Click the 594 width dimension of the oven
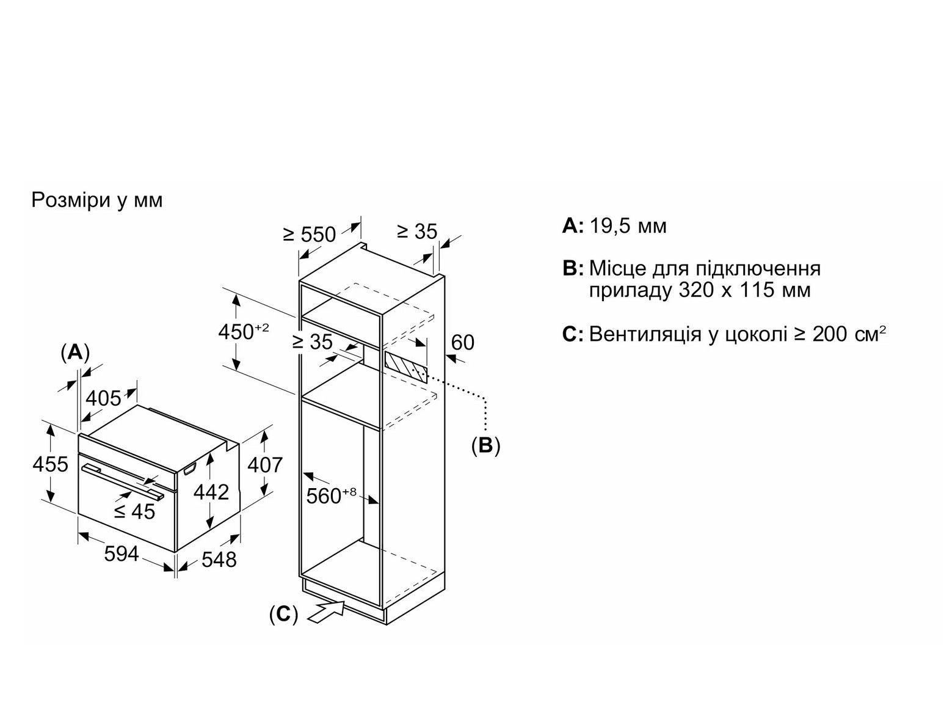pyautogui.click(x=122, y=554)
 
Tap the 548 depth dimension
pyautogui.click(x=219, y=559)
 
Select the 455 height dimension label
pyautogui.click(x=50, y=464)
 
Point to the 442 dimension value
pyautogui.click(x=211, y=492)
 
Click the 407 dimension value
pyautogui.click(x=265, y=465)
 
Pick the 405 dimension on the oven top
pyautogui.click(x=104, y=398)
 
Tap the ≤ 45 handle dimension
pyautogui.click(x=135, y=511)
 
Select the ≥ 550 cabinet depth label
pyautogui.click(x=310, y=234)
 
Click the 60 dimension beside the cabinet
pyautogui.click(x=462, y=342)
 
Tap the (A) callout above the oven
pyautogui.click(x=75, y=352)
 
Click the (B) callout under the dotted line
pyautogui.click(x=485, y=445)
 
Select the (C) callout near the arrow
pyautogui.click(x=283, y=614)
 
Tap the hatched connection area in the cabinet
pyautogui.click(x=405, y=366)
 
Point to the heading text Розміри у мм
pyautogui.click(x=97, y=200)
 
